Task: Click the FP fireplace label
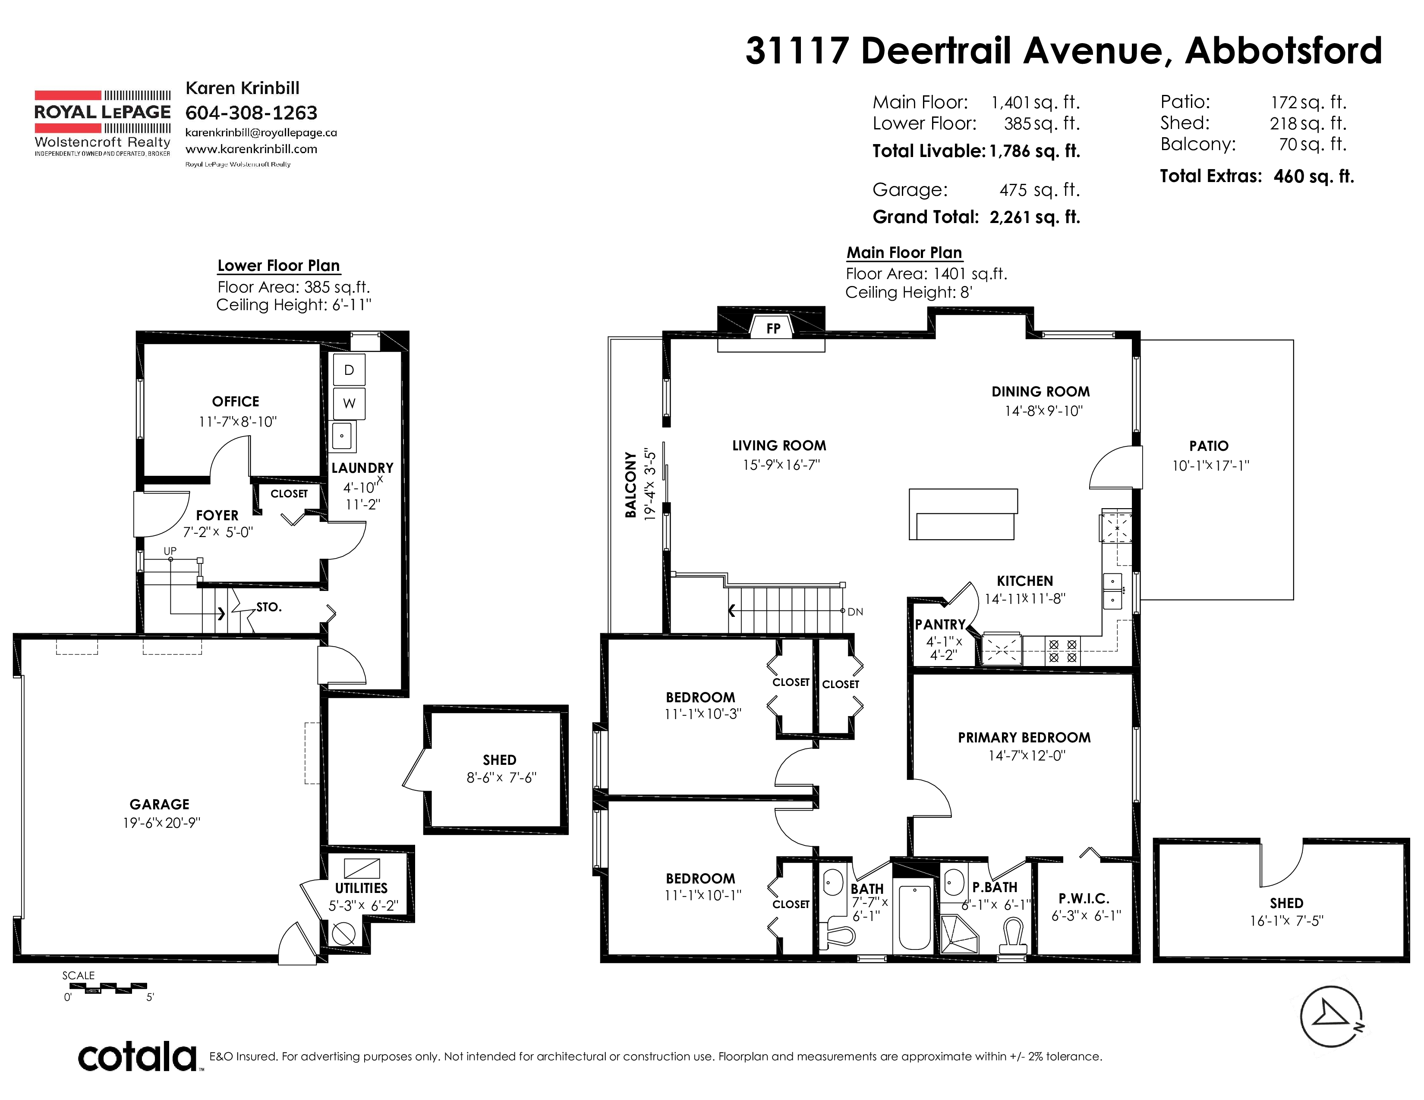pos(773,328)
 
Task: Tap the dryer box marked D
pos(349,370)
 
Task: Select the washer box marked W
pos(349,403)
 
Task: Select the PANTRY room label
pos(939,624)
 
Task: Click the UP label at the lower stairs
pos(170,551)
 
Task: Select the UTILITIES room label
pos(361,888)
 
